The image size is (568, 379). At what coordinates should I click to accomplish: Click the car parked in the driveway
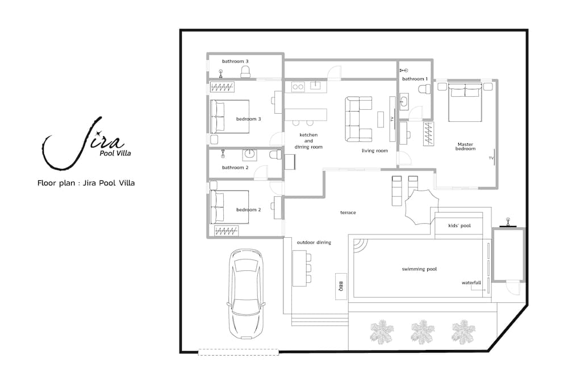click(245, 293)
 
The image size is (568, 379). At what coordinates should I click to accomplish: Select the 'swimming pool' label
click(419, 269)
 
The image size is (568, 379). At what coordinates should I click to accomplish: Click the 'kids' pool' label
click(460, 226)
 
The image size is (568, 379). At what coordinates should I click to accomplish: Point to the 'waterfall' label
click(471, 282)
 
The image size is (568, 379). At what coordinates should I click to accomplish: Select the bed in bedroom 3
click(230, 117)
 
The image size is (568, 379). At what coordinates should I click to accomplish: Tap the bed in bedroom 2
click(230, 207)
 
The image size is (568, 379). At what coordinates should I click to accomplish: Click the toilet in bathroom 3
click(245, 72)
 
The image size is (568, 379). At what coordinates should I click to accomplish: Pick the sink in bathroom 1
click(404, 102)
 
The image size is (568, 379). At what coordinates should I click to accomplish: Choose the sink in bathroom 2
click(249, 154)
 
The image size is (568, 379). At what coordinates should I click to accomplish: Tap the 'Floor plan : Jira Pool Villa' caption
click(86, 183)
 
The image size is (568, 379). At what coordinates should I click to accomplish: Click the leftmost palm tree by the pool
click(381, 332)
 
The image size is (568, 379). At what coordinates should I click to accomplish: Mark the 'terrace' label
click(348, 212)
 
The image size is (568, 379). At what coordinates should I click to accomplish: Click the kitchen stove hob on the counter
click(298, 86)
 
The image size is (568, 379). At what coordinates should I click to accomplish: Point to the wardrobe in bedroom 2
click(227, 230)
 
